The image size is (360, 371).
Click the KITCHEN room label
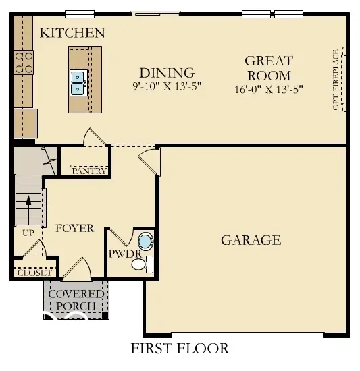pyautogui.click(x=72, y=32)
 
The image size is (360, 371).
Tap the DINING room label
pyautogui.click(x=166, y=73)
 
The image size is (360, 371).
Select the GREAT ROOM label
pyautogui.click(x=267, y=68)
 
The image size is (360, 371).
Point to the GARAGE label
pyautogui.click(x=250, y=240)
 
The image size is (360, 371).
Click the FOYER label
pyautogui.click(x=74, y=228)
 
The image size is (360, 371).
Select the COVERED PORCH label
pyautogui.click(x=76, y=300)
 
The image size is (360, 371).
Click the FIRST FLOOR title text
pyautogui.click(x=179, y=349)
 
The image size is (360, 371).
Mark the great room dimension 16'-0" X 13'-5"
pyautogui.click(x=268, y=89)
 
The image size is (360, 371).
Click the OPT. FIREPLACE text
pyautogui.click(x=336, y=79)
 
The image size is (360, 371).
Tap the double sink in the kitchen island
pyautogui.click(x=77, y=81)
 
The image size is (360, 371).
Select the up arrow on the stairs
pyautogui.click(x=28, y=200)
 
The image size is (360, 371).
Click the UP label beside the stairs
pyautogui.click(x=28, y=233)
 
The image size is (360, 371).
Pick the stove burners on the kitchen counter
pyautogui.click(x=24, y=62)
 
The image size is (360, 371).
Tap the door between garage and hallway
pyautogui.click(x=149, y=163)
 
